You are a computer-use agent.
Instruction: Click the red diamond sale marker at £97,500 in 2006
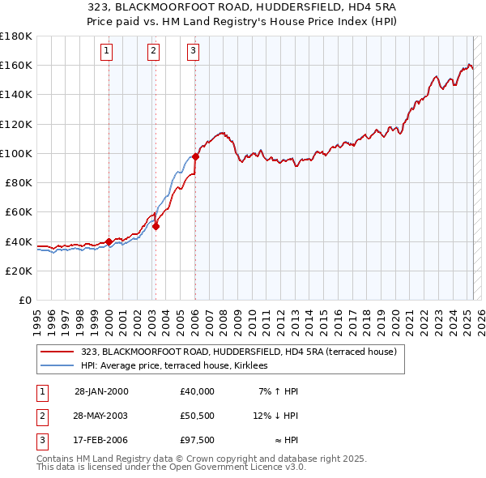[x=195, y=157]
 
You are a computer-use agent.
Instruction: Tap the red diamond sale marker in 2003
[x=156, y=226]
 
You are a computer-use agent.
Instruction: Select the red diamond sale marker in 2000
[x=109, y=241]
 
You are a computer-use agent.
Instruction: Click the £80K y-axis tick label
[x=18, y=182]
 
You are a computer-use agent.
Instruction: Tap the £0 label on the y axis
[x=25, y=300]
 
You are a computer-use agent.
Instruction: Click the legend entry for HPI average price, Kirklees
[x=179, y=365]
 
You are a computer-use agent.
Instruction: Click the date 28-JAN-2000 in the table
[x=101, y=391]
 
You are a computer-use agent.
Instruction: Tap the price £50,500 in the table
[x=198, y=416]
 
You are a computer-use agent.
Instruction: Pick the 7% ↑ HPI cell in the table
[x=279, y=391]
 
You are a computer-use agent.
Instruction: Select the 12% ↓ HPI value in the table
[x=275, y=416]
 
